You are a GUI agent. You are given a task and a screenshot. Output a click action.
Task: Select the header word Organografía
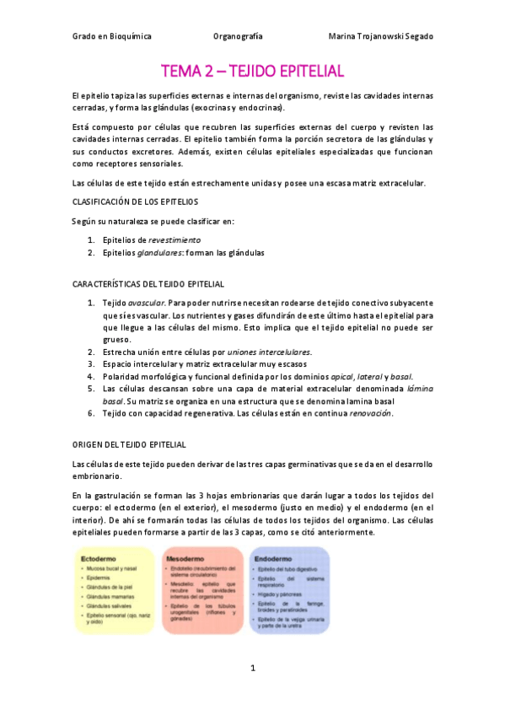click(239, 37)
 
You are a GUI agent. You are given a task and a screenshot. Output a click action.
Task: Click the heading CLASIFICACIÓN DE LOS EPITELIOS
click(135, 202)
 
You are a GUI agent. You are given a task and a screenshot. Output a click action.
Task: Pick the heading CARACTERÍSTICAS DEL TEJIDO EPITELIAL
click(148, 283)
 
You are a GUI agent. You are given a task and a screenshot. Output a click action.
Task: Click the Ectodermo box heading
click(99, 559)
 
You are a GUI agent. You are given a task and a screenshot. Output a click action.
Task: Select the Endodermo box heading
click(274, 559)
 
